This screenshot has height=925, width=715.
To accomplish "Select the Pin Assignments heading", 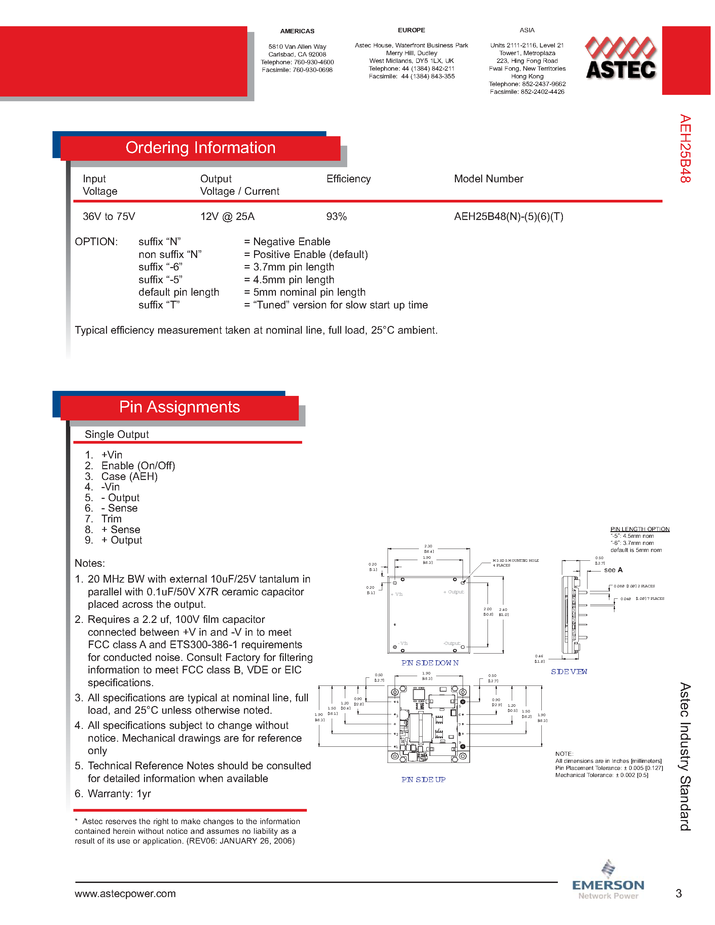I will (x=180, y=407).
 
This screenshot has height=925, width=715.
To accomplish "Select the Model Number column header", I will (x=488, y=179).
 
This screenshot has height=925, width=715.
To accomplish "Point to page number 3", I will (x=679, y=894).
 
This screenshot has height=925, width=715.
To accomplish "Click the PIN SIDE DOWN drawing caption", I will (x=430, y=663).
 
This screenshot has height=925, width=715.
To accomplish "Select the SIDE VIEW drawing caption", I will (x=569, y=672).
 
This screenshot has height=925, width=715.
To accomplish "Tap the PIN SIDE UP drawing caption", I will (x=423, y=780).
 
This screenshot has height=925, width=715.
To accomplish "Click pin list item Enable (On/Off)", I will (x=138, y=466).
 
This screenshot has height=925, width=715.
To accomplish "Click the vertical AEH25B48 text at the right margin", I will (x=685, y=149).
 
